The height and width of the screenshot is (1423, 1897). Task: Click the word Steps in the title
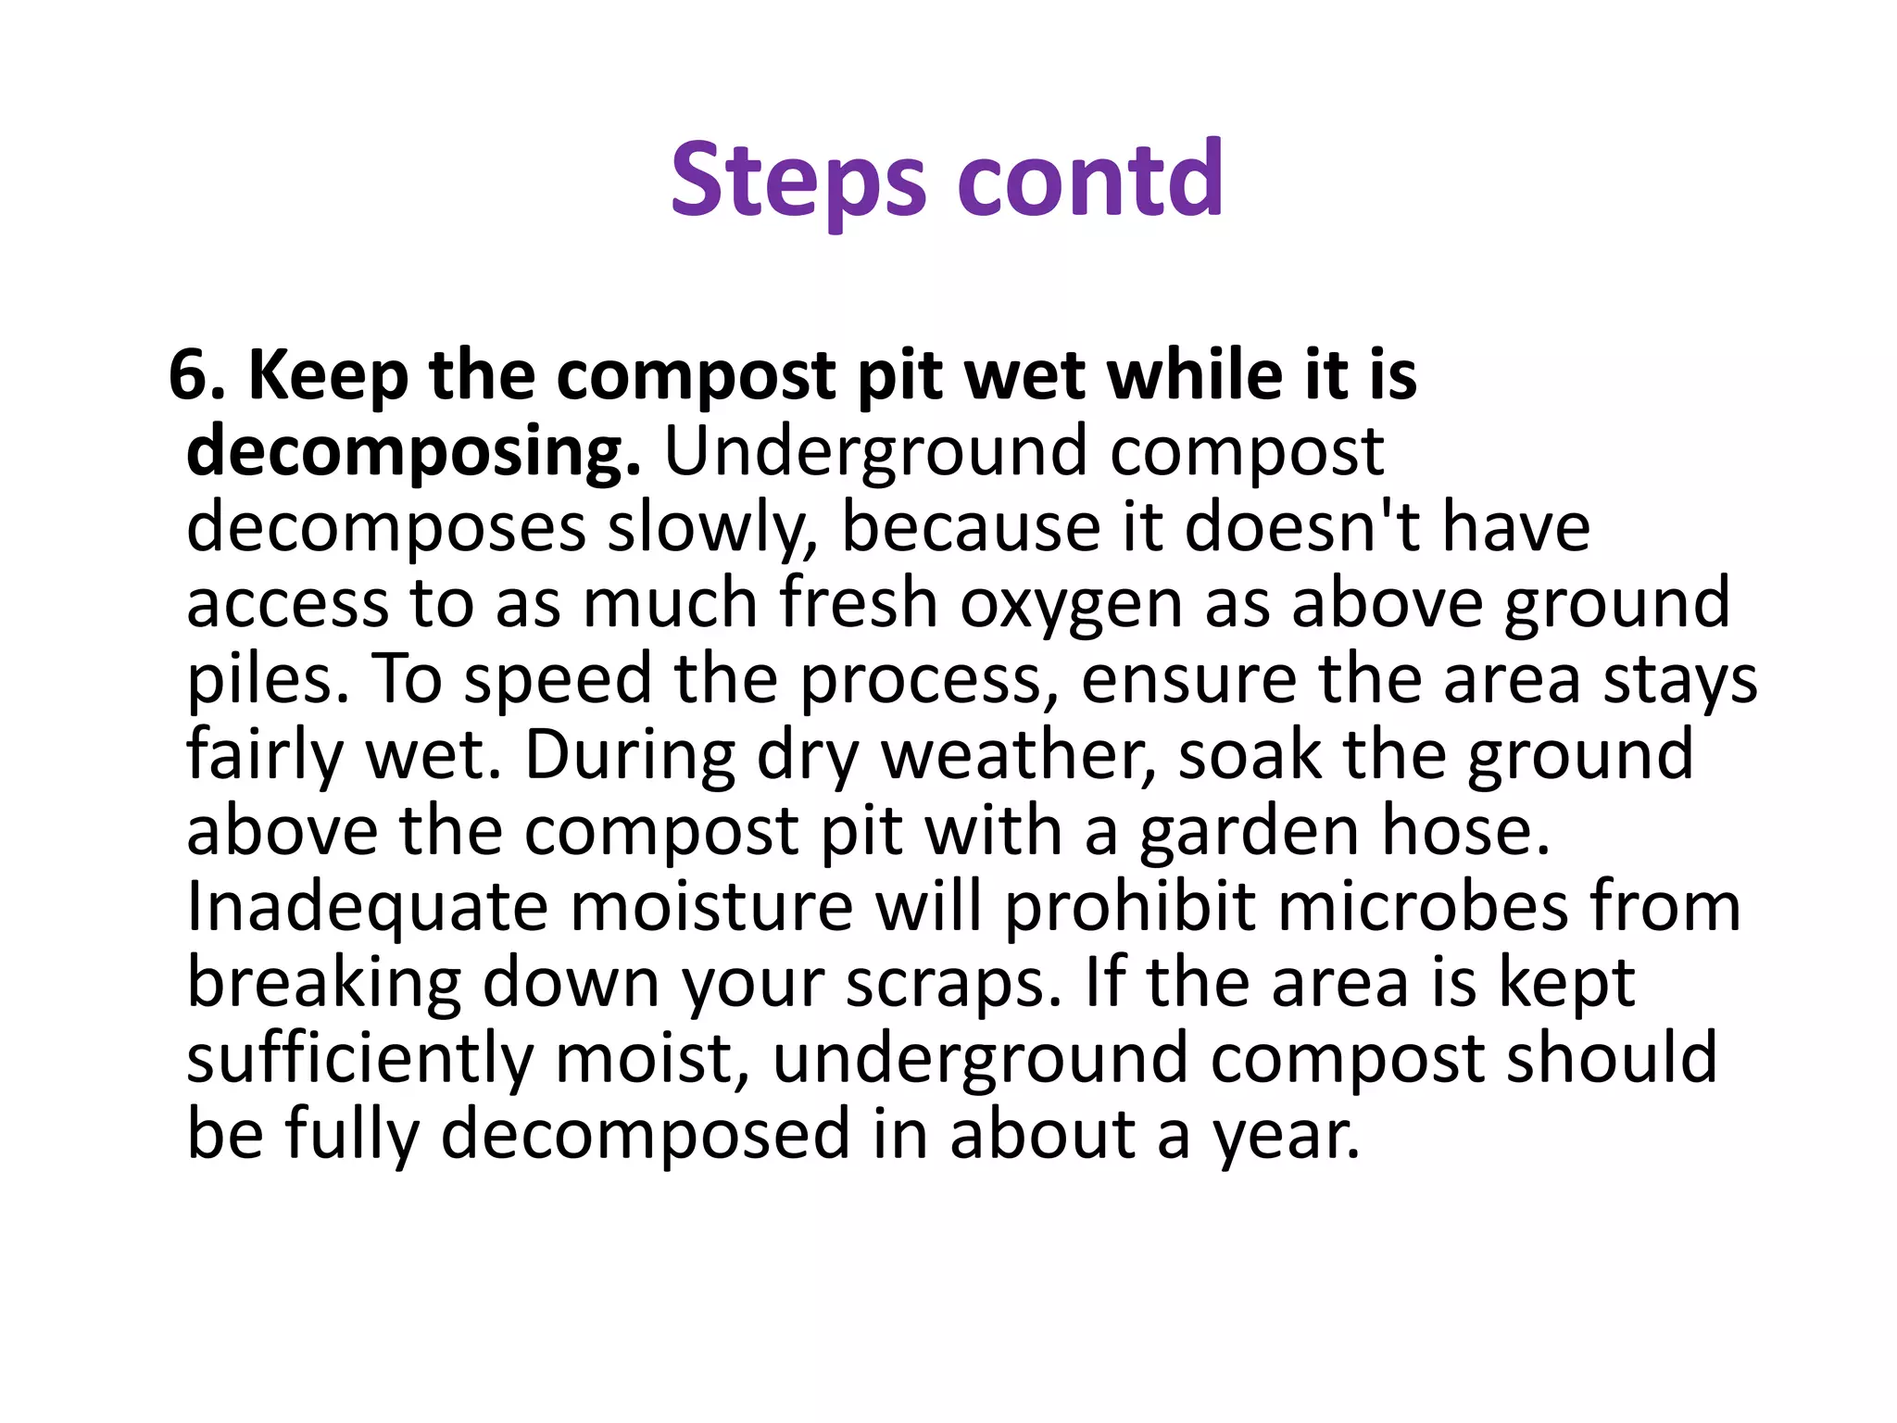pos(798,181)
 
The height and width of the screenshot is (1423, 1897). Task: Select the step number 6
pos(195,376)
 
